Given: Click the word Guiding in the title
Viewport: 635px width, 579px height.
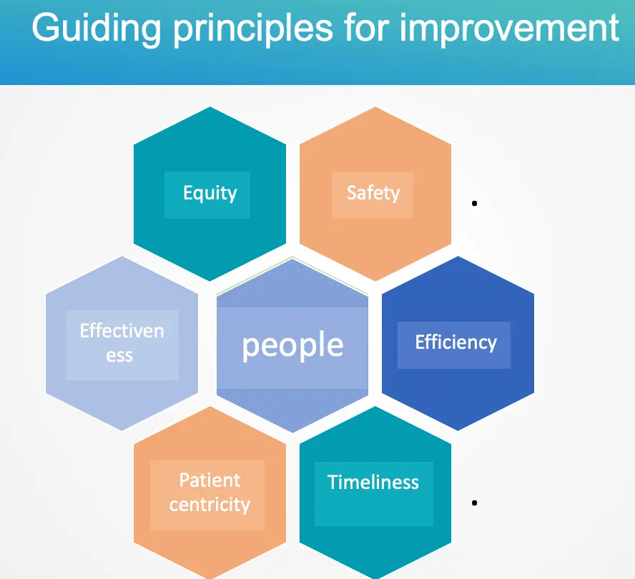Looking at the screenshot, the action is click(x=97, y=29).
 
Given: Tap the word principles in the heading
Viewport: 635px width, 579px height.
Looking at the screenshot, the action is click(x=253, y=29).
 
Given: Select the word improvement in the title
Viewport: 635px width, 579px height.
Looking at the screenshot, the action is click(x=509, y=28).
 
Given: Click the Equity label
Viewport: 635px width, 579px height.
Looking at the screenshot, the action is click(x=210, y=193).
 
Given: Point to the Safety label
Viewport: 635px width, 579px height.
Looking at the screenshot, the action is click(x=373, y=193).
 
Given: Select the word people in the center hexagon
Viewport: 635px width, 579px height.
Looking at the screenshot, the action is click(x=292, y=345).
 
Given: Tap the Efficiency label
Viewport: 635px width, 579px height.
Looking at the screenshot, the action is click(x=456, y=343).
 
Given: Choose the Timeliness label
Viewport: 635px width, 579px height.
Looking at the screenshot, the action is click(x=373, y=482).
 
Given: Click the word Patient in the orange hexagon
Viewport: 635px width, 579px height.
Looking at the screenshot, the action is click(x=210, y=480).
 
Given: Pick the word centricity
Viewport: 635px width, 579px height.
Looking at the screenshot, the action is click(x=210, y=505).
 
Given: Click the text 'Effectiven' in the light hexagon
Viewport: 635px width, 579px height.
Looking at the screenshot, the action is click(x=122, y=331).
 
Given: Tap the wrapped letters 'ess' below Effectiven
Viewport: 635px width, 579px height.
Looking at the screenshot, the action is click(x=119, y=356).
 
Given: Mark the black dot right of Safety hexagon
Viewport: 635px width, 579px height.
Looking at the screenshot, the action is click(x=475, y=203).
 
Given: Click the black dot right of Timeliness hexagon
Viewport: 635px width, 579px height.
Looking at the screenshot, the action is click(x=475, y=503).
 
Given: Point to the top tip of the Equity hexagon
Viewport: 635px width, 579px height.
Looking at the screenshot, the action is click(x=210, y=107).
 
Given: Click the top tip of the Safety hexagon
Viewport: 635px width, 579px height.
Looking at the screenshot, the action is click(x=375, y=107).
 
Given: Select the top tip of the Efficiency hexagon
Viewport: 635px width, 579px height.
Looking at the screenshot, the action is click(x=458, y=257).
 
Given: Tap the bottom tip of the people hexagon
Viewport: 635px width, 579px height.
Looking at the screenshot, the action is click(x=292, y=432).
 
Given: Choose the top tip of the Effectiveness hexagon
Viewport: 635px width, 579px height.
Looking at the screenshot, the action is click(x=122, y=257).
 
